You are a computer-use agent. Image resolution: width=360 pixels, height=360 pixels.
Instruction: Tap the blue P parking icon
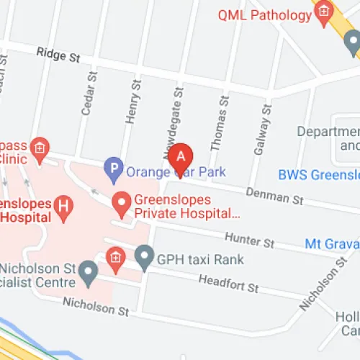(113, 171)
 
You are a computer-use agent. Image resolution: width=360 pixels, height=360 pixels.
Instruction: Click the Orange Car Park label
(176, 172)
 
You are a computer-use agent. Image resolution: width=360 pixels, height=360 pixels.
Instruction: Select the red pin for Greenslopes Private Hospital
(122, 204)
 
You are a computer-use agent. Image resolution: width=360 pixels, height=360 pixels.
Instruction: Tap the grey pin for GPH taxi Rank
(145, 258)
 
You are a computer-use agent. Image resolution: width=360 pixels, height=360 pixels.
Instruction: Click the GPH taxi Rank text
(200, 259)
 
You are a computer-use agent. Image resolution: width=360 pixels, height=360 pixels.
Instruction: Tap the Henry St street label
(131, 107)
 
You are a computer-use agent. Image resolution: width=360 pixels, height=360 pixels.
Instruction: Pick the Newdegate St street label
(174, 115)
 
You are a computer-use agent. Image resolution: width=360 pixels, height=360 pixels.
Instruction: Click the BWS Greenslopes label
(318, 175)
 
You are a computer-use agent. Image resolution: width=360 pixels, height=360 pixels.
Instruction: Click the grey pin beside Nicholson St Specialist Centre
(88, 273)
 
